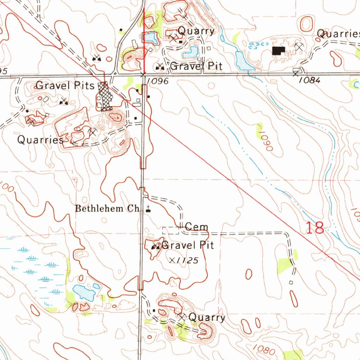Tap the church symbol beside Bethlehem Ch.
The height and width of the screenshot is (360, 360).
coord(148,209)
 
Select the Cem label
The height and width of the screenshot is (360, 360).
coord(197,227)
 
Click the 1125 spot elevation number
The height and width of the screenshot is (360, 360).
coord(186,261)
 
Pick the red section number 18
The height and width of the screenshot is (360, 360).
coord(315,228)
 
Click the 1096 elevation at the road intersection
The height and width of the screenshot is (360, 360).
coord(158,81)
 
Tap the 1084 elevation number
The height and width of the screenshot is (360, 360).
coord(310,80)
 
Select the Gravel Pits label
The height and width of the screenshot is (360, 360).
coord(65,85)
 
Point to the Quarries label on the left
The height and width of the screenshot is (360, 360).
coord(40,140)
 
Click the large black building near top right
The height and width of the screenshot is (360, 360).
coord(279,51)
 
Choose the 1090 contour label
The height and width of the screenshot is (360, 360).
coord(264,141)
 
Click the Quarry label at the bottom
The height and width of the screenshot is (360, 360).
coord(207,317)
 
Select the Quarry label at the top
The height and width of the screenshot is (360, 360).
coord(196,31)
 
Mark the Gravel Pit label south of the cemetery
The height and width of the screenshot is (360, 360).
coord(187,245)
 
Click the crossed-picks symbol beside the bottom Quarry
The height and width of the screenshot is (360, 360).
coord(181,316)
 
